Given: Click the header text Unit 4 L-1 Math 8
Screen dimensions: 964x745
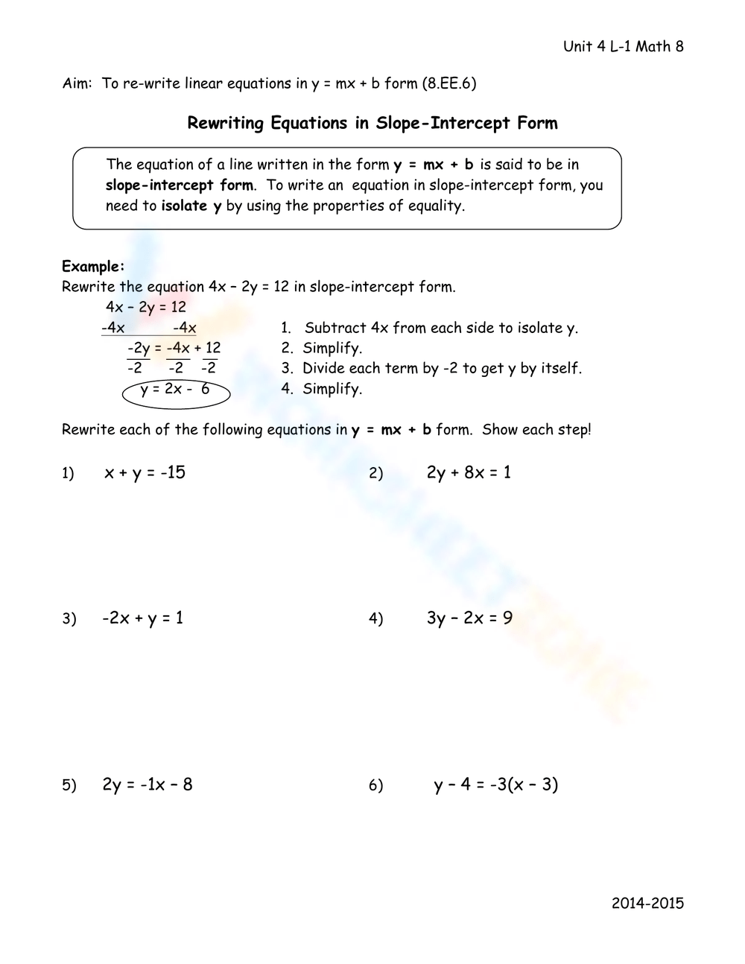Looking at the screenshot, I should coord(623,47).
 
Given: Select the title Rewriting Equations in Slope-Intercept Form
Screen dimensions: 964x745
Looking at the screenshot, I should coord(372,123).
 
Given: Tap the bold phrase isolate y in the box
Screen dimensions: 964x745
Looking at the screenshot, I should coord(191,206).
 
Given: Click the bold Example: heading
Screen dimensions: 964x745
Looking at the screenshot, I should coord(93,267).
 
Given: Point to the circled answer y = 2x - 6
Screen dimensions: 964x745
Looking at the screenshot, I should coord(175,390).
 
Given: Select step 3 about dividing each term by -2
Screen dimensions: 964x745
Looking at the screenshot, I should coord(441,368).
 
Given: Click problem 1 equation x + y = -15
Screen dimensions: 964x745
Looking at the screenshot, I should coord(145,472).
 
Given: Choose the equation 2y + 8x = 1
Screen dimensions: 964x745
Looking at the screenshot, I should coord(469,472).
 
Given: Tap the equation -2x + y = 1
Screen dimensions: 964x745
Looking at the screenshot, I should coord(143,618).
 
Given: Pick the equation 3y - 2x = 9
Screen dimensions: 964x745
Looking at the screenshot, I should coord(469,618).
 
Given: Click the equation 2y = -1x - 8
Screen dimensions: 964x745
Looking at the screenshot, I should coord(148,784).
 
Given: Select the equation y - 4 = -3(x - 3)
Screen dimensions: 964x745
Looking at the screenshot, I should coord(495,784).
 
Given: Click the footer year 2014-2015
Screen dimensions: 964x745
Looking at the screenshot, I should coord(647,904).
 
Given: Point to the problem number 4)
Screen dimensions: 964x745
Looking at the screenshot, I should coord(375,619).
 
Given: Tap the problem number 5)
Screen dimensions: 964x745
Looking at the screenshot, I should coord(69,785).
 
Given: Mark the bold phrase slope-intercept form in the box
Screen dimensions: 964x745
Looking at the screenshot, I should coord(180,185).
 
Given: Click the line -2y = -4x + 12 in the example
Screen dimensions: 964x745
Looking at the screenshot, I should coord(174,348).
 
